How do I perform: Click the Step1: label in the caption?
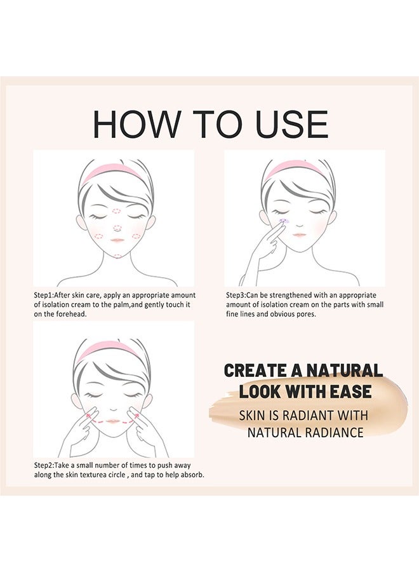click(x=48, y=296)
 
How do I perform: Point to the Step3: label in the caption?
click(x=241, y=296)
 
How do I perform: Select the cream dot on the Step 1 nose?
click(x=116, y=227)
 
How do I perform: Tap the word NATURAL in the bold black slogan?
click(x=345, y=371)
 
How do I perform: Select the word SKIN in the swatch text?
click(x=252, y=415)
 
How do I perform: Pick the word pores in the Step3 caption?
click(x=303, y=315)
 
